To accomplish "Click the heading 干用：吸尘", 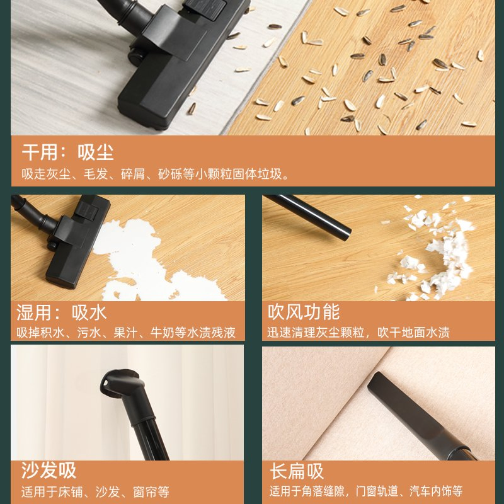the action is (x=68, y=152).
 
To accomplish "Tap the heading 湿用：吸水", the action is (x=61, y=312).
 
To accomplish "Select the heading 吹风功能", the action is (x=304, y=312).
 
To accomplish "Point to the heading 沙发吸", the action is (x=49, y=470).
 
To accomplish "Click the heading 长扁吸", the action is (x=297, y=471).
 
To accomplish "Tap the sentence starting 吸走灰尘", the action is (x=155, y=175).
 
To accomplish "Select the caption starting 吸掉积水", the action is (x=125, y=333).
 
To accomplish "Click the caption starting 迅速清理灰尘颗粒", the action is (x=358, y=333).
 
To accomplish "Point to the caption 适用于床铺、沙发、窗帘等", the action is (x=95, y=492).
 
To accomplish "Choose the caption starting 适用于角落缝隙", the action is (x=366, y=491).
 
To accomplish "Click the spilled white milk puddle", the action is (x=145, y=257).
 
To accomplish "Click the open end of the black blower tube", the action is (x=345, y=234).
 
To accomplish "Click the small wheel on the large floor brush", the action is (x=135, y=57).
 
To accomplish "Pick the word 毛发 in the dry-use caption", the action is (x=96, y=175).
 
